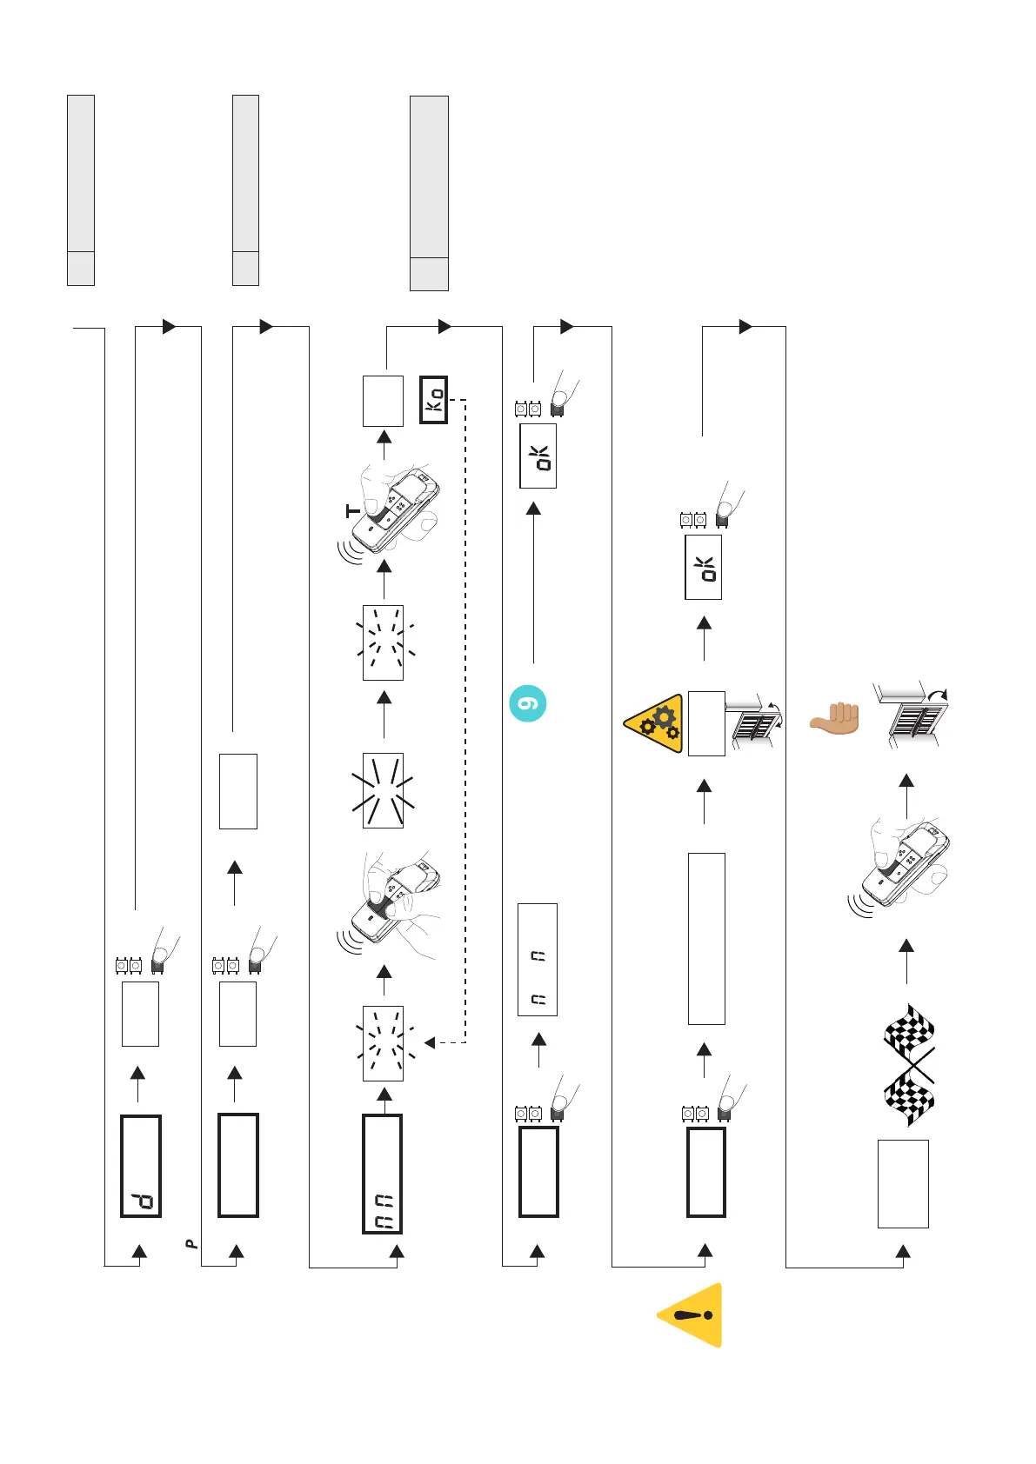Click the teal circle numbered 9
click(527, 703)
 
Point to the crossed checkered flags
click(909, 1065)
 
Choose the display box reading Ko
click(433, 400)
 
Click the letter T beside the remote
click(352, 511)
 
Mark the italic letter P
click(192, 1244)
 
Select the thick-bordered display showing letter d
click(141, 1166)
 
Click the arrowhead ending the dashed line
click(429, 1042)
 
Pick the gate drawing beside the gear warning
click(754, 718)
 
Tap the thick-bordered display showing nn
click(382, 1174)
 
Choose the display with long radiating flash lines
click(383, 790)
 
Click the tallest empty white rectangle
click(706, 939)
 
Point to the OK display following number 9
click(538, 456)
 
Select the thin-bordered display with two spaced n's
click(538, 960)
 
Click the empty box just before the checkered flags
click(903, 1184)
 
